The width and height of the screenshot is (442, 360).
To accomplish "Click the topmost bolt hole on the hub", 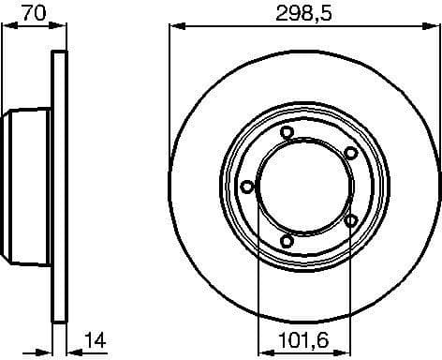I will click(x=287, y=133).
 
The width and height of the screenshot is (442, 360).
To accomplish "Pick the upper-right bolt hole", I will click(x=350, y=153).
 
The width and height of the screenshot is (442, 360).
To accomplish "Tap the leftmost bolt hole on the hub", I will click(x=247, y=187).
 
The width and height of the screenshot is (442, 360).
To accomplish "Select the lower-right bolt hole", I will click(x=350, y=221).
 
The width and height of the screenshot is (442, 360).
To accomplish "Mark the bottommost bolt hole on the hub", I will click(x=287, y=242).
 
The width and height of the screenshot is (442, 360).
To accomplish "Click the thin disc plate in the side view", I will click(x=59, y=187).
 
